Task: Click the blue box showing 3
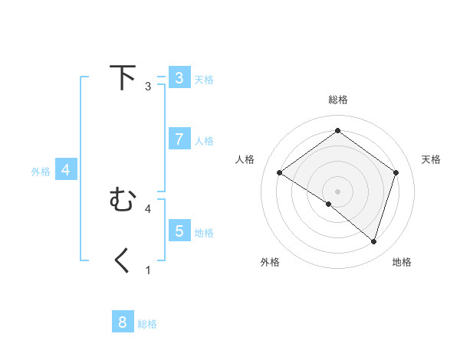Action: tap(179, 78)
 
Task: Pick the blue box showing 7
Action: tap(179, 139)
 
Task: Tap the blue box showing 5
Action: tap(179, 231)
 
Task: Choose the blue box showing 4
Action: tap(66, 170)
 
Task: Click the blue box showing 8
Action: tap(123, 322)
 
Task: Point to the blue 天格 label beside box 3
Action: tap(204, 79)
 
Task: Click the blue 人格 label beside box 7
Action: tap(204, 141)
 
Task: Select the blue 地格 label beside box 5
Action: tap(204, 233)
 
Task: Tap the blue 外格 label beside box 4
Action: tap(41, 172)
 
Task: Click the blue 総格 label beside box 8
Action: tap(147, 324)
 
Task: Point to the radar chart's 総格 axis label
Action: tap(337, 100)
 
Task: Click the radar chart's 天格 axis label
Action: tap(432, 159)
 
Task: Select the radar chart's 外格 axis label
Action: tap(270, 262)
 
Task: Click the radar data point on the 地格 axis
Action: tap(373, 241)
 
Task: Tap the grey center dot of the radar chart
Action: tap(337, 191)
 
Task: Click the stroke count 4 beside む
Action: tap(148, 208)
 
